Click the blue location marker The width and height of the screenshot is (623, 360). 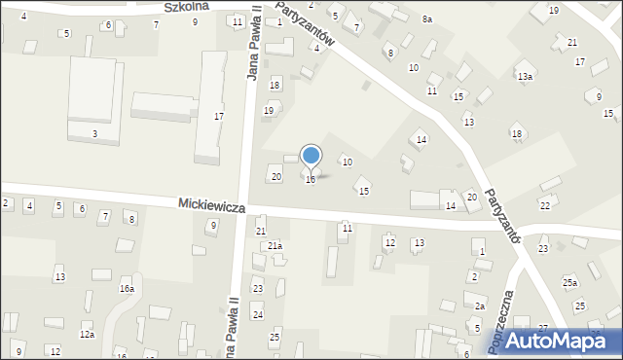(311, 156)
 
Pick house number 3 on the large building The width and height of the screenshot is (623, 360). (94, 132)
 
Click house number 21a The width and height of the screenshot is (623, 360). (275, 246)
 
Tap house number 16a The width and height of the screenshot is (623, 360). (127, 288)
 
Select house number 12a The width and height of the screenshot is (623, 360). (87, 335)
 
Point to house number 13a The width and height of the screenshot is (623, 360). (525, 76)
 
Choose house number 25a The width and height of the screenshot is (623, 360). (569, 282)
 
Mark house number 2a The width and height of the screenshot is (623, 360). (479, 306)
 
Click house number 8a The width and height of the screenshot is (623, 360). (426, 18)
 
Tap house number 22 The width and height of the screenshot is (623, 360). (544, 205)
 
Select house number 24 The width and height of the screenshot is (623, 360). (258, 314)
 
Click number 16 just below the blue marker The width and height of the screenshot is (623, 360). (311, 179)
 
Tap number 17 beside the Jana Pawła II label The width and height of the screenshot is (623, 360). (219, 116)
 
